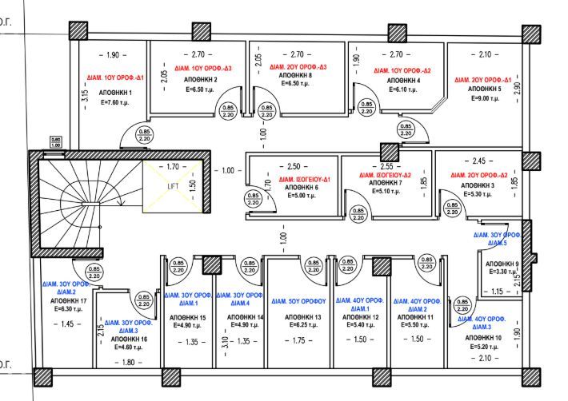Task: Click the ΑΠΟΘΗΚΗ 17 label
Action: pyautogui.click(x=61, y=301)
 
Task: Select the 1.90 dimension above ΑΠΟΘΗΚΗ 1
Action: pyautogui.click(x=112, y=54)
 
